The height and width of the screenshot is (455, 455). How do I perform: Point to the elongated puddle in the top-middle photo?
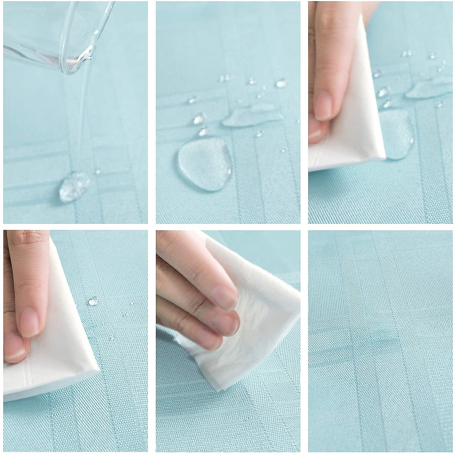[x=250, y=116]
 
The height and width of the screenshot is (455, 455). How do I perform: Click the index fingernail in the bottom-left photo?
[x=29, y=322]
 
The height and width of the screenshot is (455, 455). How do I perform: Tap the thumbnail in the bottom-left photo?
[x=14, y=347]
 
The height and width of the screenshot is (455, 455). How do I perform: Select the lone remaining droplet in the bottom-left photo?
[x=93, y=302]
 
